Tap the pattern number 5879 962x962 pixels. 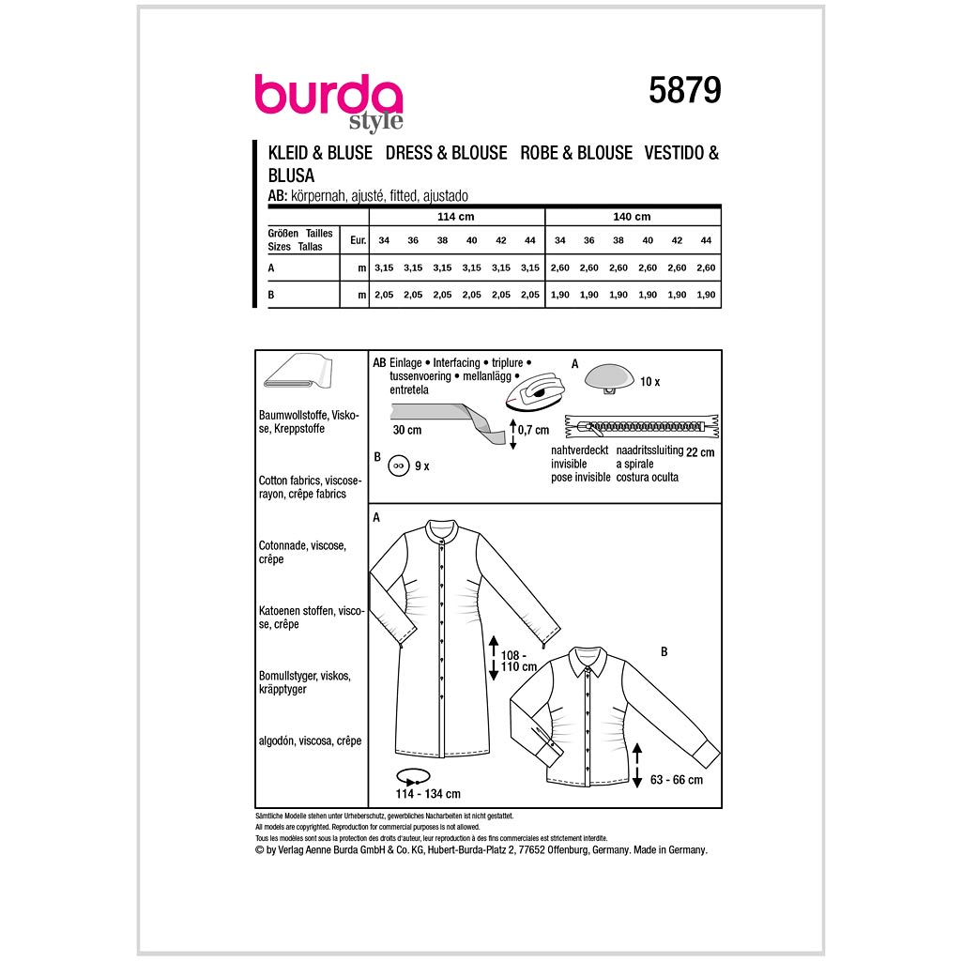coord(685,91)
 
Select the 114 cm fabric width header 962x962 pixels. coord(456,217)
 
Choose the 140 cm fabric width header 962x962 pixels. coord(632,217)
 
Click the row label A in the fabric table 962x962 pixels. coord(271,268)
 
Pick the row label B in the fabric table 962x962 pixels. coord(271,295)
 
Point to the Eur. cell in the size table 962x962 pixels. coord(358,240)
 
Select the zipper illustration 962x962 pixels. coord(642,426)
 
